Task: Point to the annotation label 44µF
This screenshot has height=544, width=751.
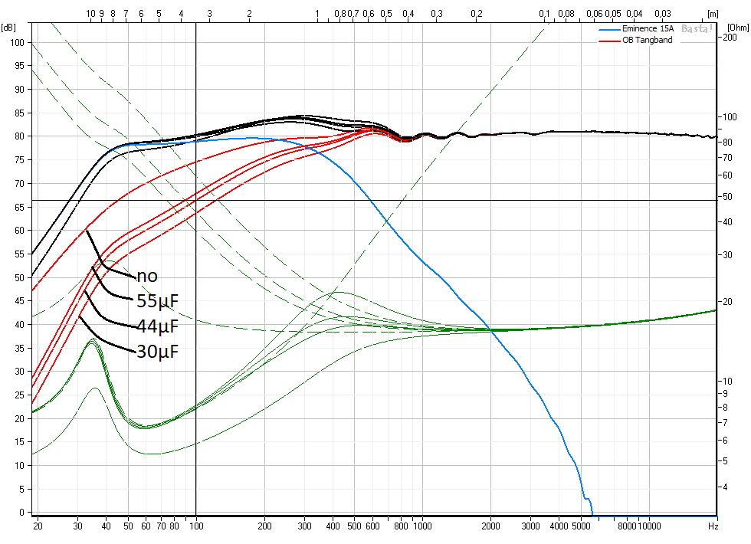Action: coord(157,326)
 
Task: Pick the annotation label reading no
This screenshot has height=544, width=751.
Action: coord(148,275)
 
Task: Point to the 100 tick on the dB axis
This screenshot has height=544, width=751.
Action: coord(15,42)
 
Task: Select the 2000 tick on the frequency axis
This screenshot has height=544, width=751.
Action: coord(490,526)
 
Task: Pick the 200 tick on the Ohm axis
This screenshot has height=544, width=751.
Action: coord(731,38)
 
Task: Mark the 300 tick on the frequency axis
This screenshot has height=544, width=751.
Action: coord(305,526)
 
